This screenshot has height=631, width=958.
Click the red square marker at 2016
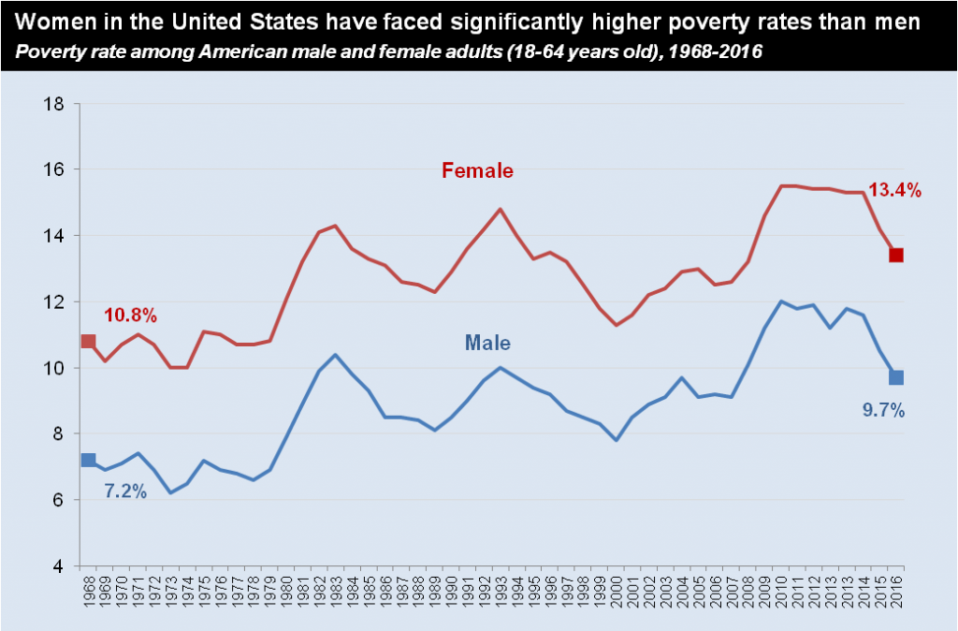pos(895,255)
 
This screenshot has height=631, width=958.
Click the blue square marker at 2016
pos(895,377)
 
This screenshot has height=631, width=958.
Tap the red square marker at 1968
pos(89,341)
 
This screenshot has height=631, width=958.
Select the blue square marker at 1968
pos(89,460)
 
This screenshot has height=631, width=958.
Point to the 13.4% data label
pos(895,191)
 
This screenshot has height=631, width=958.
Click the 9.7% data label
pos(881,409)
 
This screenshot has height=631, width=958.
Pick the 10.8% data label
pos(130,315)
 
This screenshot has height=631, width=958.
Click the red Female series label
pos(477,170)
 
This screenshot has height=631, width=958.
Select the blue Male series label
pos(487,343)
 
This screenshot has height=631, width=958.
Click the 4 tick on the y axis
pos(59,566)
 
